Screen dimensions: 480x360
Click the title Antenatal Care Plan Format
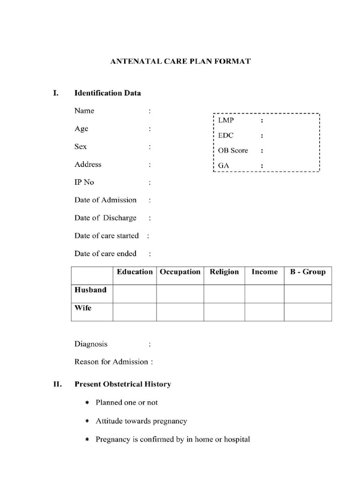coord(180,61)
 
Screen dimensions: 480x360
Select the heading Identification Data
coord(107,93)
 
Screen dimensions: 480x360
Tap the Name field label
coord(84,111)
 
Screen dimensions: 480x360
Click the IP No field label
coord(84,182)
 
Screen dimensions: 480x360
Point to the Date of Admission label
coord(105,200)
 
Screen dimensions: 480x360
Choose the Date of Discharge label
coord(105,218)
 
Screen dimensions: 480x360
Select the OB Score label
coord(233,150)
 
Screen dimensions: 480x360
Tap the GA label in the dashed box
coord(223,165)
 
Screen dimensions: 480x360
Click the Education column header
coord(135,272)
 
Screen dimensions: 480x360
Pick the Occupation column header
coord(180,272)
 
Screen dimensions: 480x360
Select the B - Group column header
coord(307,272)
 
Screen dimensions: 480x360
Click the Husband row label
coord(90,290)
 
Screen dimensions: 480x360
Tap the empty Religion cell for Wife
coord(224,312)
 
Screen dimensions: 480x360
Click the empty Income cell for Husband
coord(264,293)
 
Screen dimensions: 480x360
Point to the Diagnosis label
coord(91,344)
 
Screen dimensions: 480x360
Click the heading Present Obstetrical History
coord(123,384)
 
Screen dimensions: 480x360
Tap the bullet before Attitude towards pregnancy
coord(87,421)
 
